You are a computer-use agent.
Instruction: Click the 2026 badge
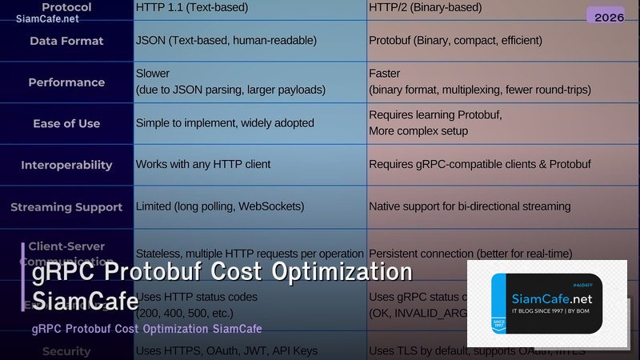[x=605, y=16]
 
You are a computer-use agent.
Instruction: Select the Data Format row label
[x=66, y=40]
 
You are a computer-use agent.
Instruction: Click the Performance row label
[x=66, y=82]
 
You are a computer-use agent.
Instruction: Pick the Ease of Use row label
[x=66, y=123]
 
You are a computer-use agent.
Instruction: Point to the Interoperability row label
[x=66, y=165]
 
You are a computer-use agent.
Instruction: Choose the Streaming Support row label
[x=66, y=206]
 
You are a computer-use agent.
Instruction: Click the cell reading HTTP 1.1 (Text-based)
[x=192, y=7]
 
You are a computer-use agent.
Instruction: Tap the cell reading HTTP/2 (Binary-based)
[x=425, y=7]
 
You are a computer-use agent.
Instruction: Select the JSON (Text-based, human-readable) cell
[x=226, y=40]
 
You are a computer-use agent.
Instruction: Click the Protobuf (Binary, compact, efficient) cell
[x=455, y=40]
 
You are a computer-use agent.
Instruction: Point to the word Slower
[x=153, y=74]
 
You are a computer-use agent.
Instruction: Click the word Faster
[x=385, y=74]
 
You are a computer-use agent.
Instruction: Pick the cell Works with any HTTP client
[x=203, y=164]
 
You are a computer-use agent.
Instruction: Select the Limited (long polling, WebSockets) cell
[x=220, y=206]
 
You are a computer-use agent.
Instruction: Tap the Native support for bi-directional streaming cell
[x=470, y=206]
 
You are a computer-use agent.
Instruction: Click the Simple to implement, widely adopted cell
[x=225, y=123]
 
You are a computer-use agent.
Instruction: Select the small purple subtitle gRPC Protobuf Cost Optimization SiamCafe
[x=146, y=329]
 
